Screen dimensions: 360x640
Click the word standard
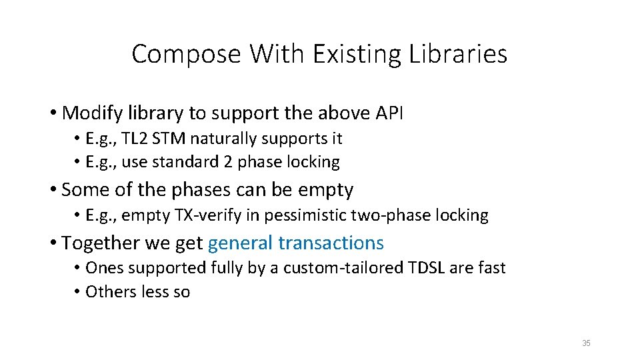pos(179,162)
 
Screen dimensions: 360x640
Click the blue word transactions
pos(331,243)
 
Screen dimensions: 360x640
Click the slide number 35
pos(586,343)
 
